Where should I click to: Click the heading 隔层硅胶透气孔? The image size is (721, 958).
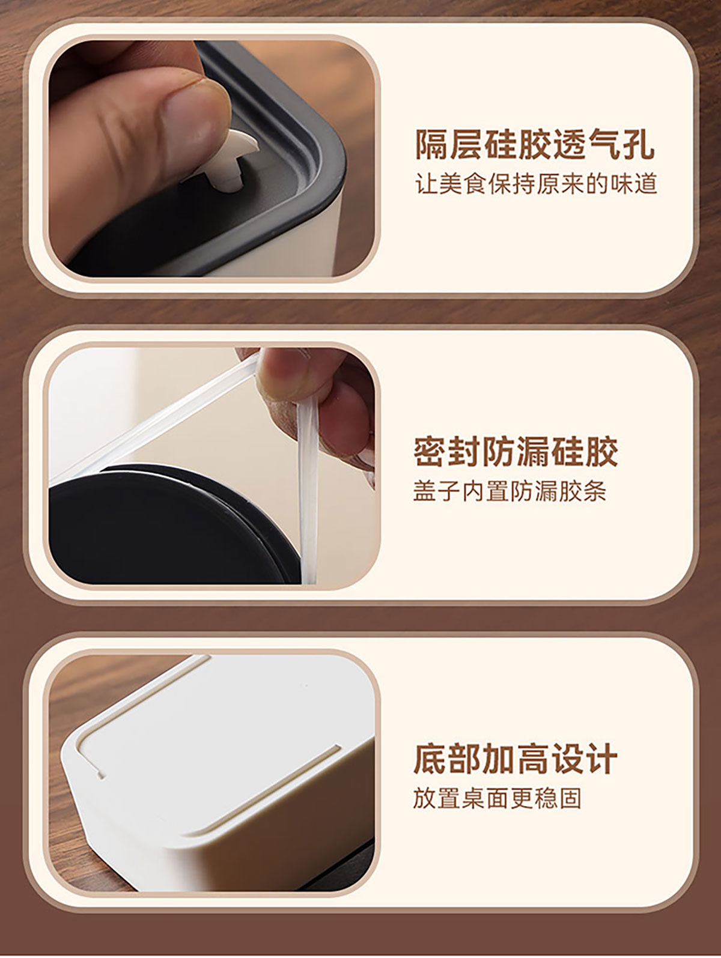click(x=535, y=145)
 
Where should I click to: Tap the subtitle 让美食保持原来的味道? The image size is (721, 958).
click(x=535, y=184)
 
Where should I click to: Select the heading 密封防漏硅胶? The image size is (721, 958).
click(x=516, y=452)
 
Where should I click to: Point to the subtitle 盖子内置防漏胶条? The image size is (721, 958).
click(x=510, y=491)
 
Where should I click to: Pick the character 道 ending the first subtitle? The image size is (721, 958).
click(x=646, y=184)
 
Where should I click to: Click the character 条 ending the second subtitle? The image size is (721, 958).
click(x=594, y=491)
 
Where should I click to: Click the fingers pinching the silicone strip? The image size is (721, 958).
click(x=314, y=406)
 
